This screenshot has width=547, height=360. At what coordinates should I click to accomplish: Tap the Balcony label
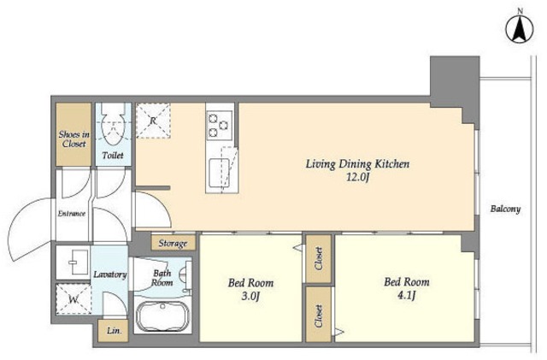(505, 209)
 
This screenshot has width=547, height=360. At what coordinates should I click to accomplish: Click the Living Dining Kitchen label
(357, 164)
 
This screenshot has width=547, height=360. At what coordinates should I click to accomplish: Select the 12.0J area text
(357, 177)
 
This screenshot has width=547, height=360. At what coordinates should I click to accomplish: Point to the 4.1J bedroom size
(407, 296)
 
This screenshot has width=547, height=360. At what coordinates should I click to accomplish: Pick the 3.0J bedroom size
(250, 297)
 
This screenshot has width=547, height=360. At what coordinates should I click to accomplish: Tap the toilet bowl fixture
(113, 126)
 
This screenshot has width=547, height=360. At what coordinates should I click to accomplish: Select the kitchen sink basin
(219, 173)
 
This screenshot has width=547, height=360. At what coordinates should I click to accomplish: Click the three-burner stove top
(219, 126)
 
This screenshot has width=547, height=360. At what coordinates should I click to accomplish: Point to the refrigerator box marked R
(153, 121)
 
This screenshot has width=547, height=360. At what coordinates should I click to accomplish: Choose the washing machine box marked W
(74, 299)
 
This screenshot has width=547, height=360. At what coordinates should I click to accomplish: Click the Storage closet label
(173, 243)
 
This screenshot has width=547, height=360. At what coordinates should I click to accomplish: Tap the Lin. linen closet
(114, 331)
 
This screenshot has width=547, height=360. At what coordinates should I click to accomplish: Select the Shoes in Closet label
(74, 139)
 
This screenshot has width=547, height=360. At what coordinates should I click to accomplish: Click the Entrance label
(72, 213)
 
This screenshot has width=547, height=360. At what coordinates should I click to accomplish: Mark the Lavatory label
(110, 274)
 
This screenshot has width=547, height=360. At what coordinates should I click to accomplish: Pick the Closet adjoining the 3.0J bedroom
(318, 259)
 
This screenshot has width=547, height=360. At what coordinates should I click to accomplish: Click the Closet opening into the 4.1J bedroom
(318, 315)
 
